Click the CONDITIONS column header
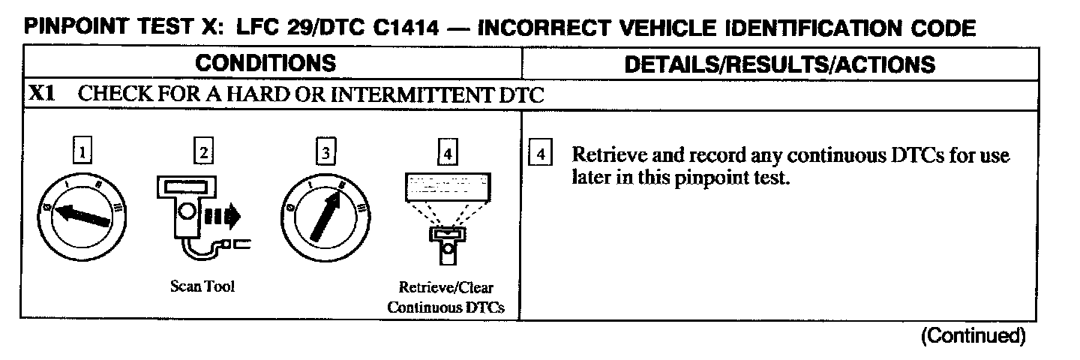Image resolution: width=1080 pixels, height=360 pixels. pyautogui.click(x=265, y=63)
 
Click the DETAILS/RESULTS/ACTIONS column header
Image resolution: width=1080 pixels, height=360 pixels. pyautogui.click(x=780, y=64)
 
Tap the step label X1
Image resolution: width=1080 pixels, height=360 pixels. pyautogui.click(x=41, y=95)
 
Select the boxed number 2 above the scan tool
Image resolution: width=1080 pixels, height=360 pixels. pyautogui.click(x=203, y=153)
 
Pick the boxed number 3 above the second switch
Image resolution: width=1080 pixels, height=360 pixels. pyautogui.click(x=325, y=153)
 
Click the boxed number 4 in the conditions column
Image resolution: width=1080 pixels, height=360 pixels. pyautogui.click(x=447, y=154)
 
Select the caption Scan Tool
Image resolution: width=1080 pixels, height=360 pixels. pyautogui.click(x=202, y=287)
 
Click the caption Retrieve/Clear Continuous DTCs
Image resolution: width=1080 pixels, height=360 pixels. pyautogui.click(x=446, y=297)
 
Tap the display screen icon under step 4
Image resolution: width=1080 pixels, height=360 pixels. pyautogui.click(x=447, y=183)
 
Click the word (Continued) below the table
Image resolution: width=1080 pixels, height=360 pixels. pyautogui.click(x=972, y=335)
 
